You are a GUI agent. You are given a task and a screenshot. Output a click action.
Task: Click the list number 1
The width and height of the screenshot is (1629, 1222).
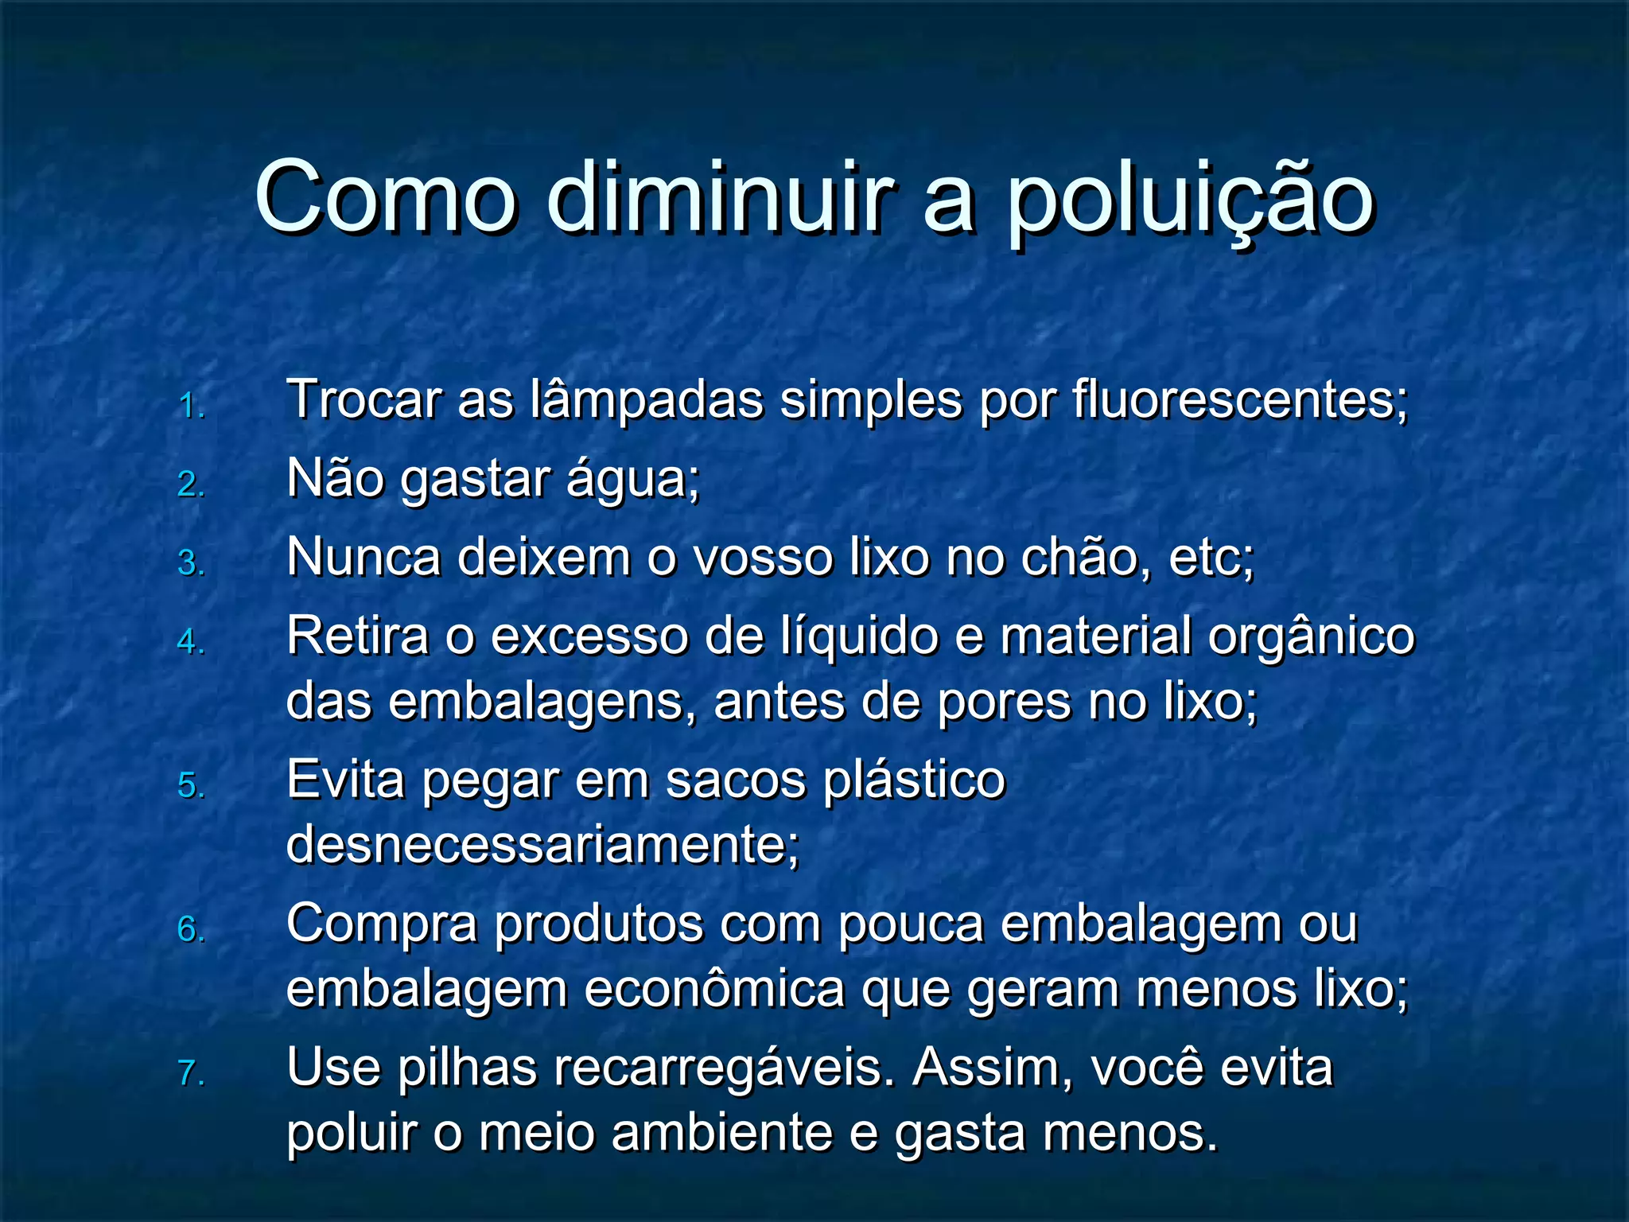pyautogui.click(x=191, y=407)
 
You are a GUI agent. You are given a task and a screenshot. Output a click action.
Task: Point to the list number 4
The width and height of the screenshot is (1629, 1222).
pyautogui.click(x=191, y=641)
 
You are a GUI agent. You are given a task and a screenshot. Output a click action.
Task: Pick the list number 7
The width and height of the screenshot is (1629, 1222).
pyautogui.click(x=191, y=1073)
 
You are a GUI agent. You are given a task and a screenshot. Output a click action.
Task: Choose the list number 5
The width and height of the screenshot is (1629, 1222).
pyautogui.click(x=191, y=786)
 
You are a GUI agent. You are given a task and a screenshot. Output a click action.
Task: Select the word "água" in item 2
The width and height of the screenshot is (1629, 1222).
pyautogui.click(x=632, y=480)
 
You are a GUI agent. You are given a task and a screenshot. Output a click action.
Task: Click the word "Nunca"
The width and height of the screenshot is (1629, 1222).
pyautogui.click(x=364, y=557)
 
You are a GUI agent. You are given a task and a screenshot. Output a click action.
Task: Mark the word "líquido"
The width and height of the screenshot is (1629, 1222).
pyautogui.click(x=859, y=636)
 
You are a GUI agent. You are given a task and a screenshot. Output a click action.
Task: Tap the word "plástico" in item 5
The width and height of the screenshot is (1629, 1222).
pyautogui.click(x=915, y=781)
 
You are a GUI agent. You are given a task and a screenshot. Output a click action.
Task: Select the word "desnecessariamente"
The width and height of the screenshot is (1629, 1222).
pyautogui.click(x=542, y=845)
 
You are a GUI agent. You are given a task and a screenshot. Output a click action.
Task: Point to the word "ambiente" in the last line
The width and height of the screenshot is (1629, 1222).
pyautogui.click(x=722, y=1133)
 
